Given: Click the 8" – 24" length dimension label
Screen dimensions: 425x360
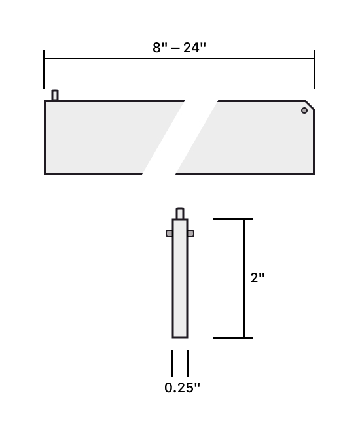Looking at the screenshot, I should [x=179, y=48].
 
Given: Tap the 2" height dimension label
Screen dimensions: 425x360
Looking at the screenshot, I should [x=258, y=278].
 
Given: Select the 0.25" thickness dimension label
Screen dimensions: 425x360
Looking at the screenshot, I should [x=182, y=388].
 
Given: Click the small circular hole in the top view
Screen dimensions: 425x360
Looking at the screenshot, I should [x=304, y=110].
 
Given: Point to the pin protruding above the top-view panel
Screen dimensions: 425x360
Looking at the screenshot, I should [x=55, y=95].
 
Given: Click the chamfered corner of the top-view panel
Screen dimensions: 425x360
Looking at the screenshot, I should [x=310, y=105].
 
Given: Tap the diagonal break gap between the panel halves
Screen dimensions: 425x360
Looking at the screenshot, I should [x=180, y=137].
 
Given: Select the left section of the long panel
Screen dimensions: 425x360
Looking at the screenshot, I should [x=98, y=137].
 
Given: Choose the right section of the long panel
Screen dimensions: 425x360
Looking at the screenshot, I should [x=255, y=137].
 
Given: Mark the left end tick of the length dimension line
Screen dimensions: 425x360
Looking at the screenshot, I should [x=44, y=69].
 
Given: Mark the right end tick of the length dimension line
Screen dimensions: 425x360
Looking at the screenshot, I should [x=315, y=69].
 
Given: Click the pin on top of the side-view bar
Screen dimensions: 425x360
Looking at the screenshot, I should [x=180, y=214].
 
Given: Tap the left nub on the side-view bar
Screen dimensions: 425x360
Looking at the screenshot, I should [x=169, y=233].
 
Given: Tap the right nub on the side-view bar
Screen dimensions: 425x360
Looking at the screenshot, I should [x=190, y=233].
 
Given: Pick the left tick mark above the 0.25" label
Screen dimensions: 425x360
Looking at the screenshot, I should [x=172, y=364].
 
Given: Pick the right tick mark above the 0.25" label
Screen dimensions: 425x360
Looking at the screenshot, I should [x=188, y=364].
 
